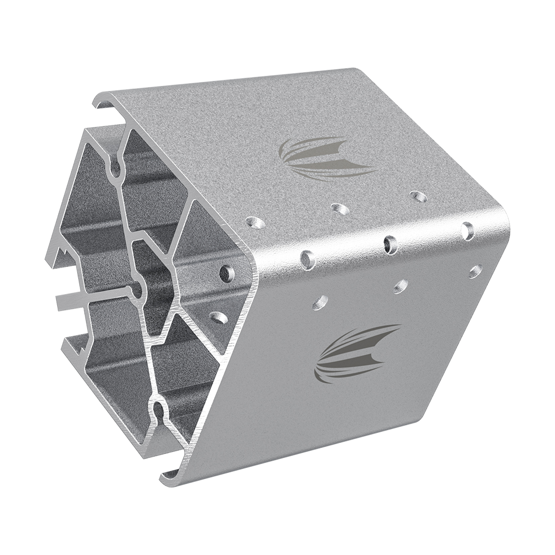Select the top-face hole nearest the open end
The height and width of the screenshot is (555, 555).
click(255, 223)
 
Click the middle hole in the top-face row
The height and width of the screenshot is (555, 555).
click(340, 209)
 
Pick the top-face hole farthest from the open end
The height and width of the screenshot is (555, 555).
click(418, 196)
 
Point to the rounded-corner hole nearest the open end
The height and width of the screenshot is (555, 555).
click(307, 259)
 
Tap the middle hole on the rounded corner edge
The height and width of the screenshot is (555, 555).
click(391, 244)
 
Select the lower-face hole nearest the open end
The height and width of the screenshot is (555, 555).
click(320, 302)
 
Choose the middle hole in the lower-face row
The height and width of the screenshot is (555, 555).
click(400, 286)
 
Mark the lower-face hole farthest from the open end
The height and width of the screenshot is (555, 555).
click(475, 271)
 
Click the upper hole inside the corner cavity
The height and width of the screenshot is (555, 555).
click(226, 273)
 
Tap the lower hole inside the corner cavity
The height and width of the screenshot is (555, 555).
click(218, 317)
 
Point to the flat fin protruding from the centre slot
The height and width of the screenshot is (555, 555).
click(72, 300)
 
